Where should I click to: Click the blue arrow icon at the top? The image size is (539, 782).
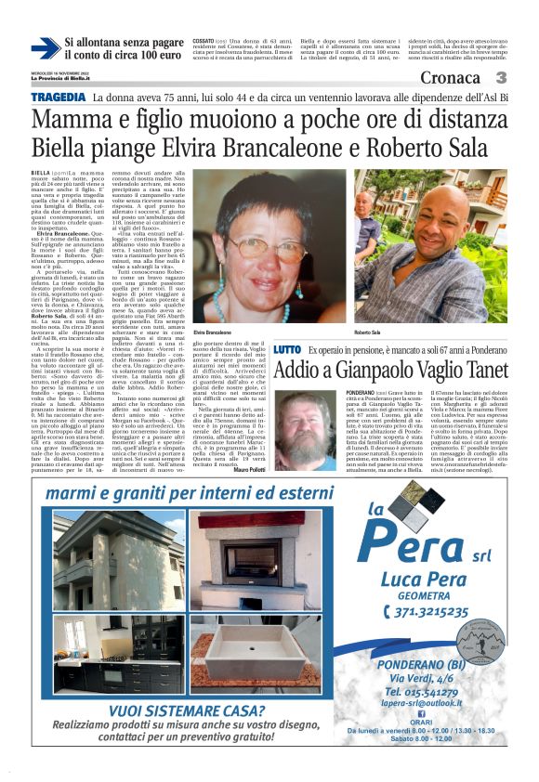45,48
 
